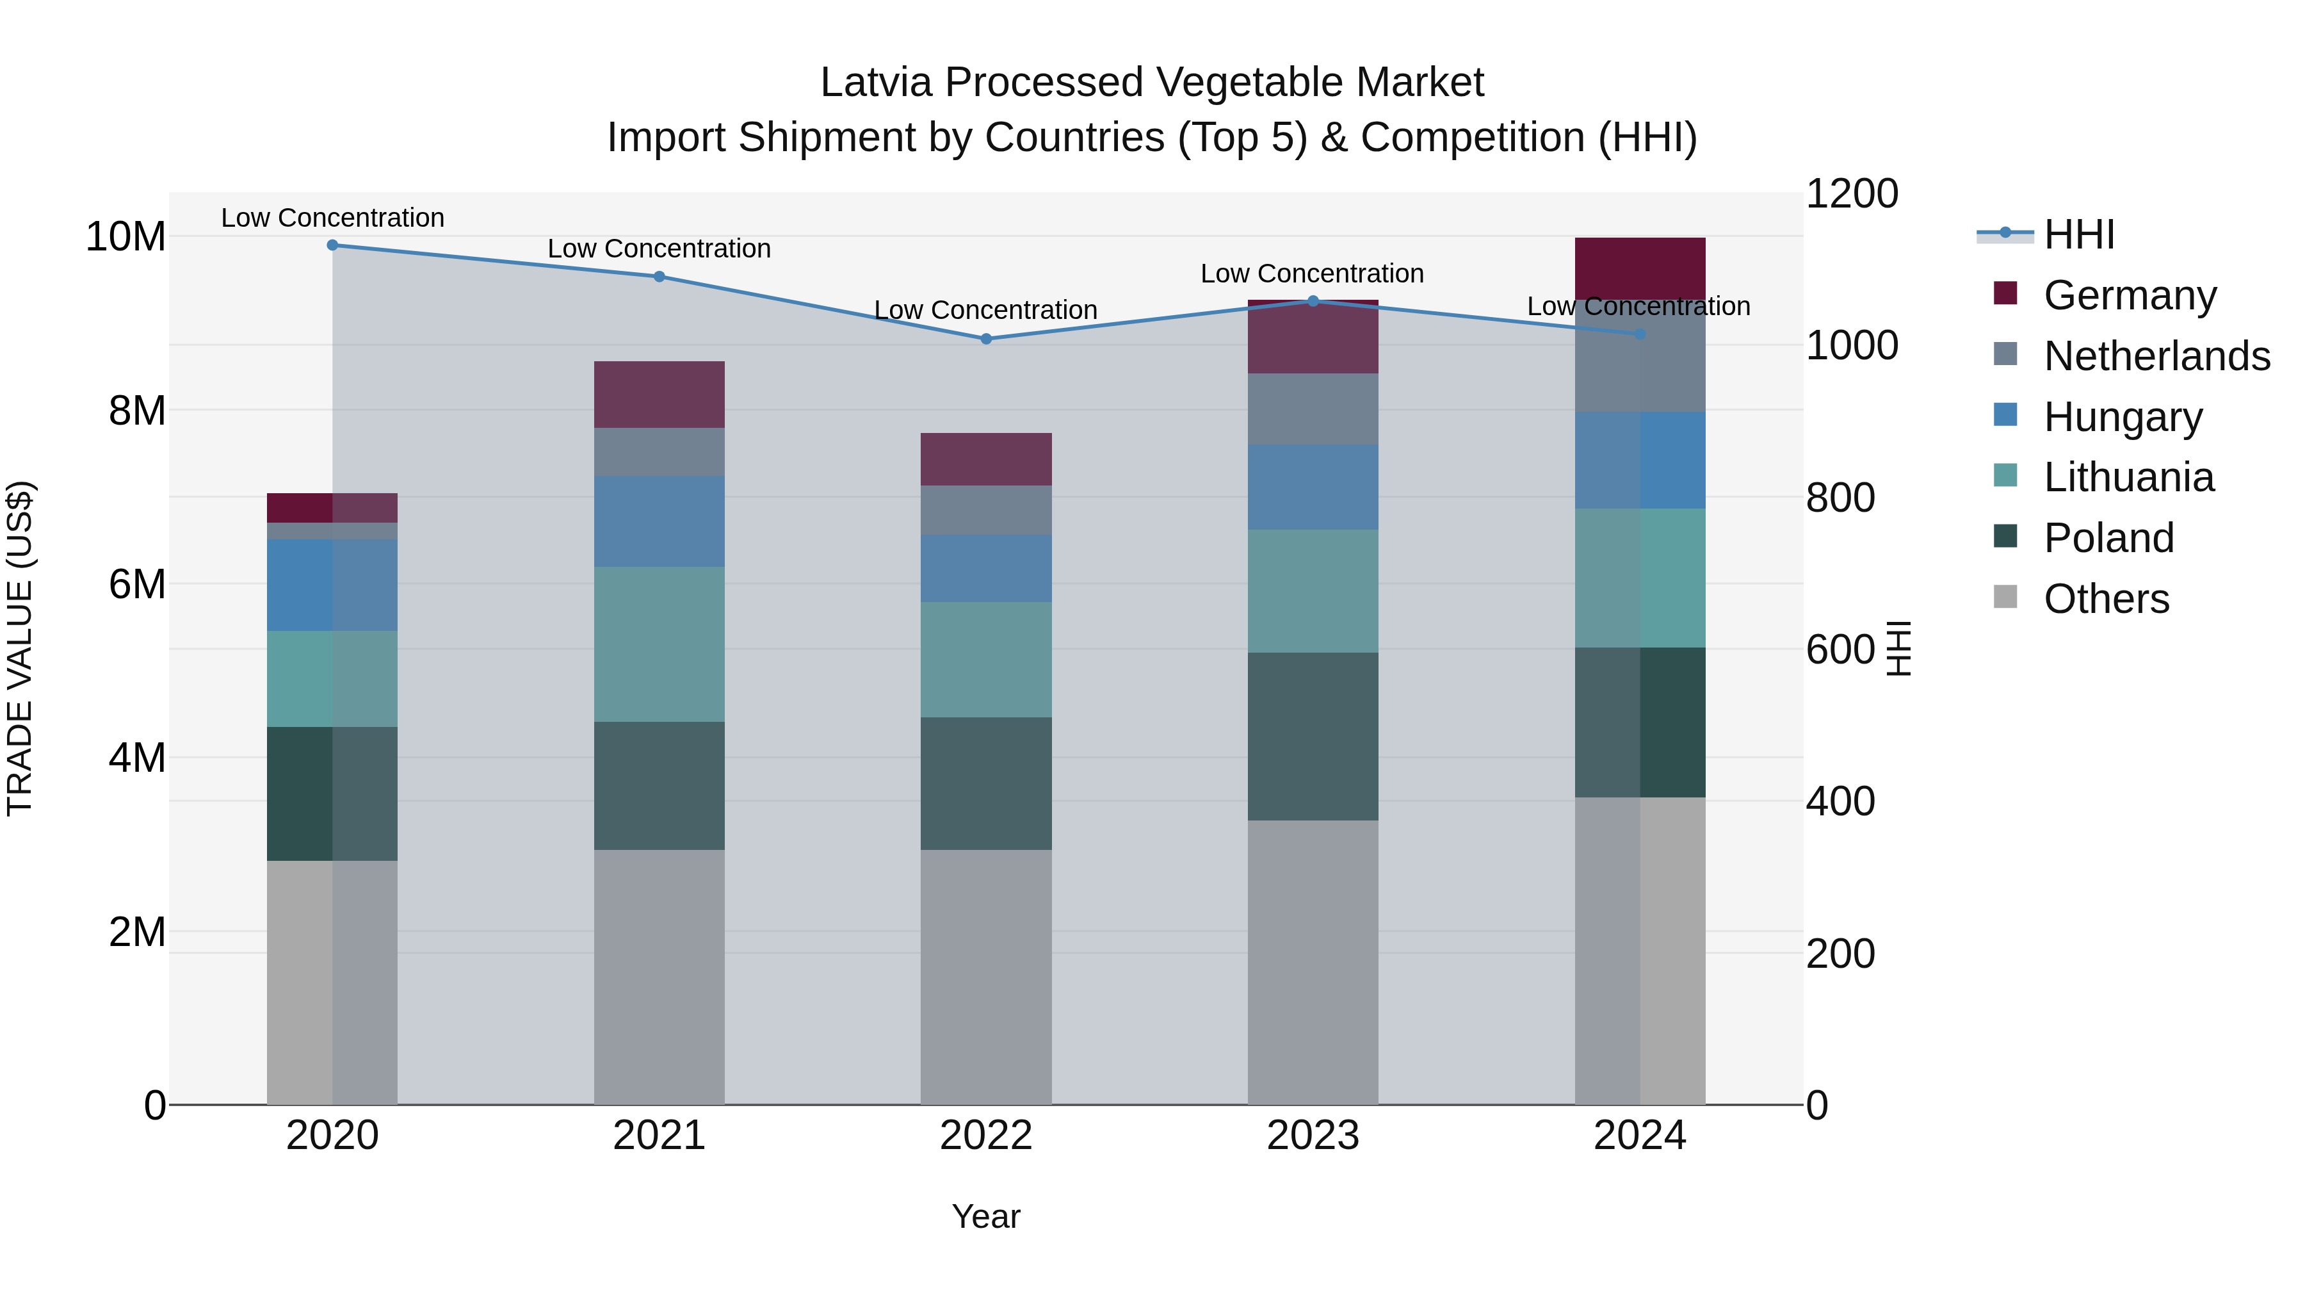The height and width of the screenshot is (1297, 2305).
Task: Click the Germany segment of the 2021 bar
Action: tap(659, 395)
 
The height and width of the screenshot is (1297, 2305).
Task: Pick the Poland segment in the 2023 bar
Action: tap(1313, 737)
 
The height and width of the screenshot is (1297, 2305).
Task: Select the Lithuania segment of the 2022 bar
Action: tap(986, 660)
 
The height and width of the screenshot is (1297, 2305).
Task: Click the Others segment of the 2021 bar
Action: tap(659, 977)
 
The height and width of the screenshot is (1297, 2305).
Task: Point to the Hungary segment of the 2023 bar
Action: tap(1313, 487)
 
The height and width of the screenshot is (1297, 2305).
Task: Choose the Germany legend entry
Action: tap(2130, 295)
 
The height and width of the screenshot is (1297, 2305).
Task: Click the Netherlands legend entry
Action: tap(2156, 356)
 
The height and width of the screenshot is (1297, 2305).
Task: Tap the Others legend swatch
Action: tap(2006, 597)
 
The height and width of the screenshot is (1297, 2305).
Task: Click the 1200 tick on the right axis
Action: tap(1851, 194)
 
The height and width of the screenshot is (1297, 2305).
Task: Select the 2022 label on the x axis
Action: tap(986, 1136)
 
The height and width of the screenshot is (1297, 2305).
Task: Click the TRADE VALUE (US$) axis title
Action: tap(20, 648)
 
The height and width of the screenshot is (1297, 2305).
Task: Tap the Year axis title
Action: tap(986, 1216)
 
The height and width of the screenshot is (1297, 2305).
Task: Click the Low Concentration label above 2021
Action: tap(659, 249)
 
